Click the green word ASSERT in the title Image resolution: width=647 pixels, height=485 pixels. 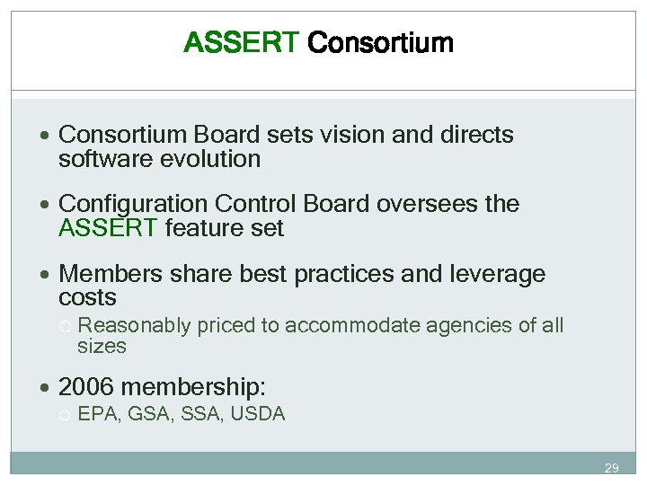(241, 42)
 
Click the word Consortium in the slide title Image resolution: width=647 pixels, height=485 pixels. (380, 42)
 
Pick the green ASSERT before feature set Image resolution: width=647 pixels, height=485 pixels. (108, 229)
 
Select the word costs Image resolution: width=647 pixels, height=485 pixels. (87, 297)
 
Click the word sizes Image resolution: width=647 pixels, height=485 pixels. (102, 346)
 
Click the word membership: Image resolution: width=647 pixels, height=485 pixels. (193, 387)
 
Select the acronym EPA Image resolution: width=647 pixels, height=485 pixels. (96, 414)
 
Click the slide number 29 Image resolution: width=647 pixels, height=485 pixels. (611, 468)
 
